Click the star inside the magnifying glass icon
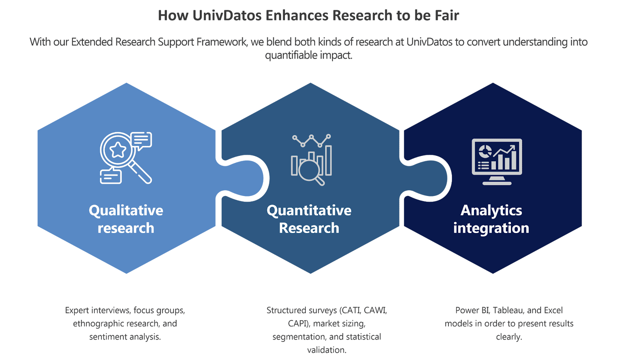click(x=118, y=150)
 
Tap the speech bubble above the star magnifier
click(x=141, y=140)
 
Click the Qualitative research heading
click(x=126, y=219)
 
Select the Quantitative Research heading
click(x=309, y=219)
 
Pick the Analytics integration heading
click(x=491, y=219)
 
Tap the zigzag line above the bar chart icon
click(x=311, y=140)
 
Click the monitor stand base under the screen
click(x=497, y=183)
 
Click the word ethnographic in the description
click(x=97, y=323)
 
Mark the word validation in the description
click(x=326, y=350)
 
